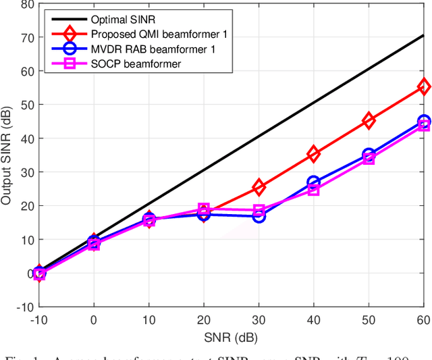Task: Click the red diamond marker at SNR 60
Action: click(x=424, y=86)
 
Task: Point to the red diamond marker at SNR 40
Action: click(x=314, y=154)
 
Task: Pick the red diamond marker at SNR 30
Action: click(x=259, y=187)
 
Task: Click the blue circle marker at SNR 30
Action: click(x=259, y=216)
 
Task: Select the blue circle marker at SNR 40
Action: click(x=314, y=182)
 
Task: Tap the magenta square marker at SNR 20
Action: click(x=204, y=209)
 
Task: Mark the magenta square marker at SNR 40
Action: click(x=314, y=190)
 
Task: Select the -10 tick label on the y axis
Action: click(x=24, y=307)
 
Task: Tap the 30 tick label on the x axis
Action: click(x=259, y=319)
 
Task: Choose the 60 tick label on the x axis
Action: click(x=423, y=319)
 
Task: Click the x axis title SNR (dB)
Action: click(x=231, y=336)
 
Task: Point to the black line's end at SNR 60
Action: click(x=424, y=35)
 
